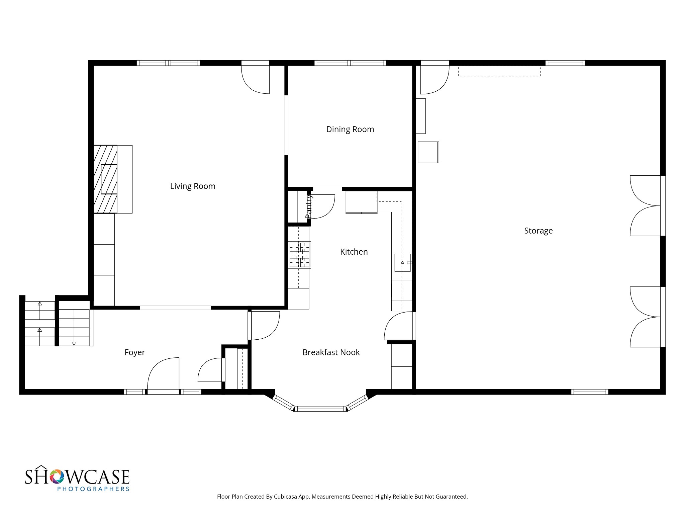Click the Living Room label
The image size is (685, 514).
click(x=193, y=186)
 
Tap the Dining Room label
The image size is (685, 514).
click(x=350, y=130)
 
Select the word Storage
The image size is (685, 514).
click(x=538, y=231)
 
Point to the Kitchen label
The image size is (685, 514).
click(x=354, y=252)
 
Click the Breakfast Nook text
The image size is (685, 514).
click(x=331, y=352)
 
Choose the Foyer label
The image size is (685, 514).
click(x=135, y=352)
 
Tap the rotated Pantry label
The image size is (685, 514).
click(x=309, y=206)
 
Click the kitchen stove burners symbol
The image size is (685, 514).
click(x=300, y=255)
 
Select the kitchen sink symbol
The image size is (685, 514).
click(x=403, y=263)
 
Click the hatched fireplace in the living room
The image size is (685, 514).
click(x=105, y=179)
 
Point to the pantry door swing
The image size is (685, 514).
click(x=322, y=206)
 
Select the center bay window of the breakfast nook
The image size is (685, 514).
click(x=320, y=409)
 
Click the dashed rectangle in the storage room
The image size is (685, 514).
click(x=499, y=71)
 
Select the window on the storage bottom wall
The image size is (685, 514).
click(x=589, y=392)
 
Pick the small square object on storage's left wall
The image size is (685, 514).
click(x=428, y=153)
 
